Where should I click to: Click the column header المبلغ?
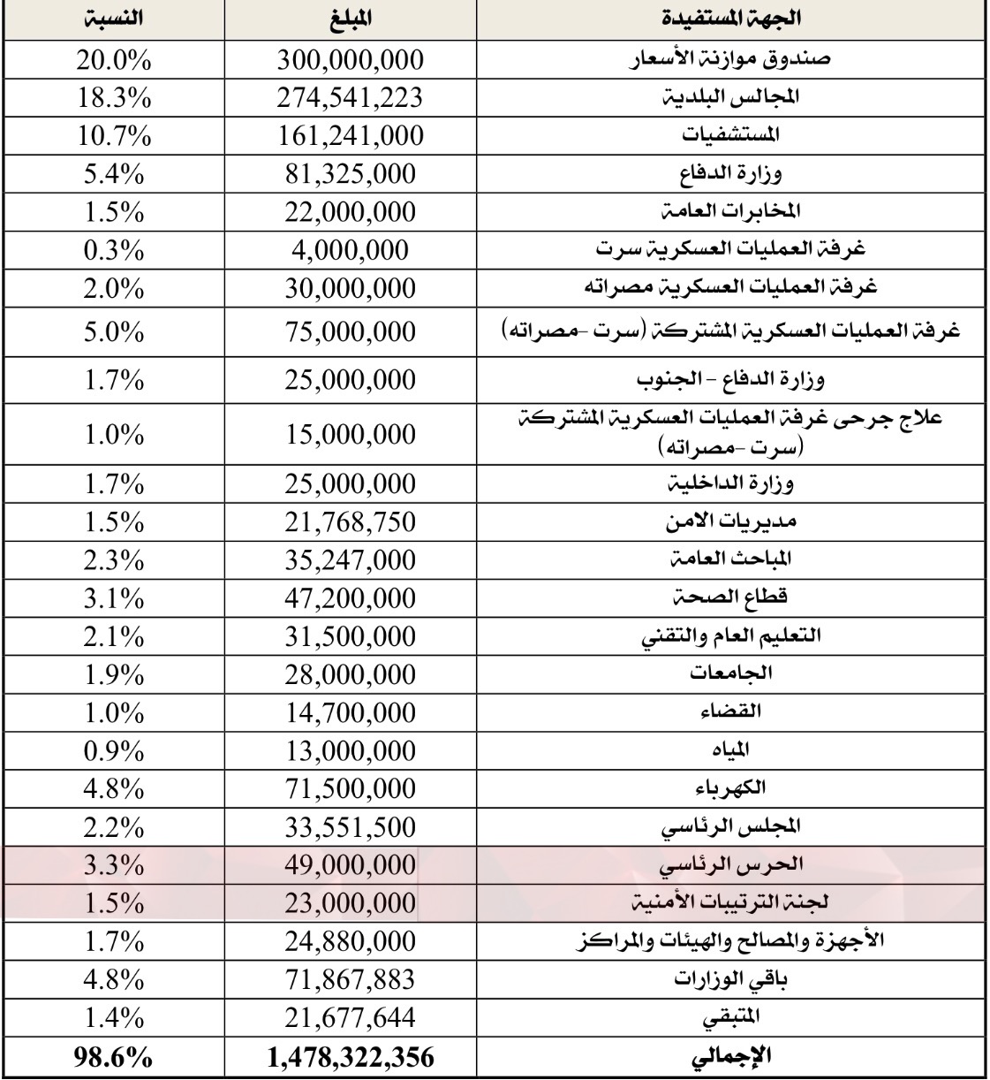(x=349, y=18)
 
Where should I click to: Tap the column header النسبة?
(x=115, y=18)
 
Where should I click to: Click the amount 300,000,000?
(x=350, y=60)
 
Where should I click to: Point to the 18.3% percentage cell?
(x=114, y=98)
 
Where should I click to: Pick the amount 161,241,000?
(x=350, y=136)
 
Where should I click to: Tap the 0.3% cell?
(x=114, y=250)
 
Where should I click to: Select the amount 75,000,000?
(x=350, y=332)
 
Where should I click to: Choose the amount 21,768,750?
(x=350, y=522)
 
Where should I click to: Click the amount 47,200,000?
(x=350, y=598)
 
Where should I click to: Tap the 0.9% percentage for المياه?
(x=114, y=750)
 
